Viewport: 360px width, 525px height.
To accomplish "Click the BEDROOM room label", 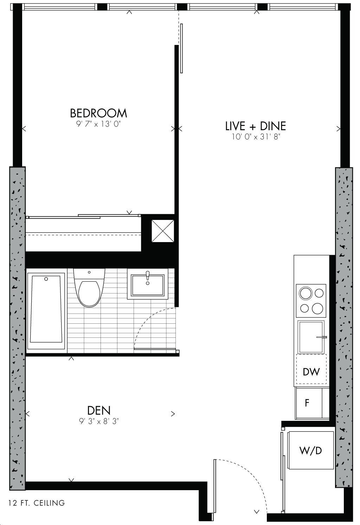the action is click(x=98, y=113).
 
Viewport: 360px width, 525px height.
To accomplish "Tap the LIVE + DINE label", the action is click(x=256, y=126).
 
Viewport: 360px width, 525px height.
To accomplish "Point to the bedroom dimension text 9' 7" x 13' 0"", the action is click(x=98, y=124).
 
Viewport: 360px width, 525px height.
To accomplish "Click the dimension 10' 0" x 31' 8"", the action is click(x=256, y=137).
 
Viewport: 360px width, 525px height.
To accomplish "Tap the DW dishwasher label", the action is click(x=311, y=372).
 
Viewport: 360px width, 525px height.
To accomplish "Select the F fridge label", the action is click(x=307, y=403).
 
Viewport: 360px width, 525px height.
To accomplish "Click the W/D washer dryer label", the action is click(x=310, y=450).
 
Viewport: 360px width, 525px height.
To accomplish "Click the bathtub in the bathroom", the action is click(x=46, y=311).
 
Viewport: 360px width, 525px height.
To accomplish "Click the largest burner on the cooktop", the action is click(x=306, y=293).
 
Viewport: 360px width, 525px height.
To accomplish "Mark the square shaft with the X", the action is click(x=163, y=231).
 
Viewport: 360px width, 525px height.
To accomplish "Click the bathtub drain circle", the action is click(x=46, y=279).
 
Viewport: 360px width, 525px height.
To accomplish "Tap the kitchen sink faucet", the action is click(x=321, y=337).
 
